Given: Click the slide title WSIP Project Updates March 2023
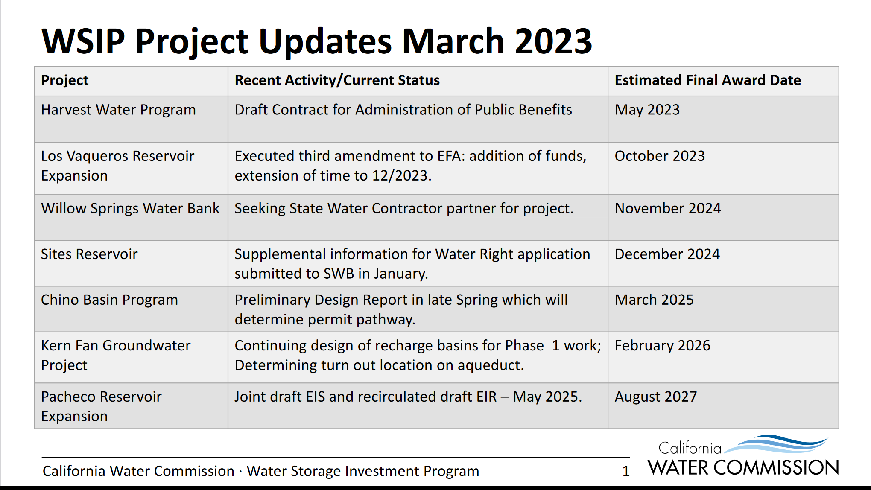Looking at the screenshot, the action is click(317, 41).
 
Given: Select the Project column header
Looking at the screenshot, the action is click(65, 80).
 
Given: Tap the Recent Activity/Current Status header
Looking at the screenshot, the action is click(337, 80).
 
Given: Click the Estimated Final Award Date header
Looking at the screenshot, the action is click(708, 80).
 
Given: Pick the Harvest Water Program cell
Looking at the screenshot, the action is click(118, 110).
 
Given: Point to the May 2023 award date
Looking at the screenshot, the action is click(647, 110).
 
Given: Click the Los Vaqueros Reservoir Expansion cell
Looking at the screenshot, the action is click(117, 166).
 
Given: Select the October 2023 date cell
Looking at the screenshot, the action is click(660, 156).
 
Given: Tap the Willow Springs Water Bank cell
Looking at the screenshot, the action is click(130, 208).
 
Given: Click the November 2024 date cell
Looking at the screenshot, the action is click(668, 208).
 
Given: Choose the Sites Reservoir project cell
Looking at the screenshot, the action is click(89, 254).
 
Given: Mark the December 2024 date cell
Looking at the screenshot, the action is click(667, 254).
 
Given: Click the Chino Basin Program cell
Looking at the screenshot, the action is click(109, 300).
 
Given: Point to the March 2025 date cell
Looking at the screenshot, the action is click(654, 300).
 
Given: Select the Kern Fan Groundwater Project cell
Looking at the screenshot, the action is click(116, 355).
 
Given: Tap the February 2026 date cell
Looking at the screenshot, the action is click(663, 346).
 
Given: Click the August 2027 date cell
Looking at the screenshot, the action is click(656, 397).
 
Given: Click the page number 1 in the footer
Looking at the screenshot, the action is click(626, 471).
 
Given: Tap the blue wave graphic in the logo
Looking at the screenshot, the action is click(776, 444).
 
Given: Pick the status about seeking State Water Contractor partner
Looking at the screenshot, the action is click(404, 208).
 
